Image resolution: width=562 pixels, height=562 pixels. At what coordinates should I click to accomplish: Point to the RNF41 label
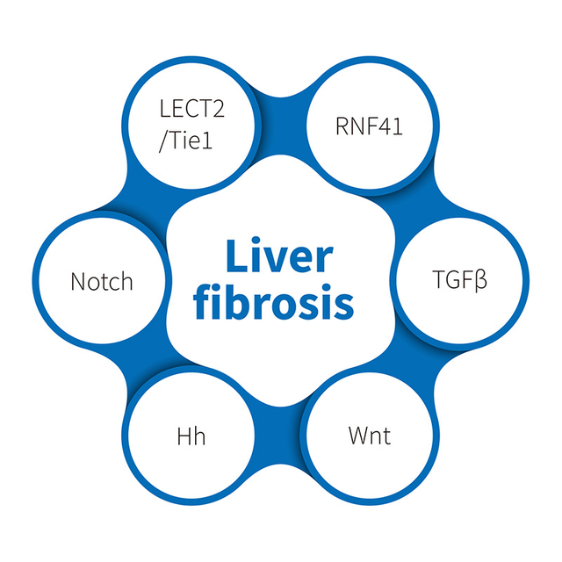point(368,126)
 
